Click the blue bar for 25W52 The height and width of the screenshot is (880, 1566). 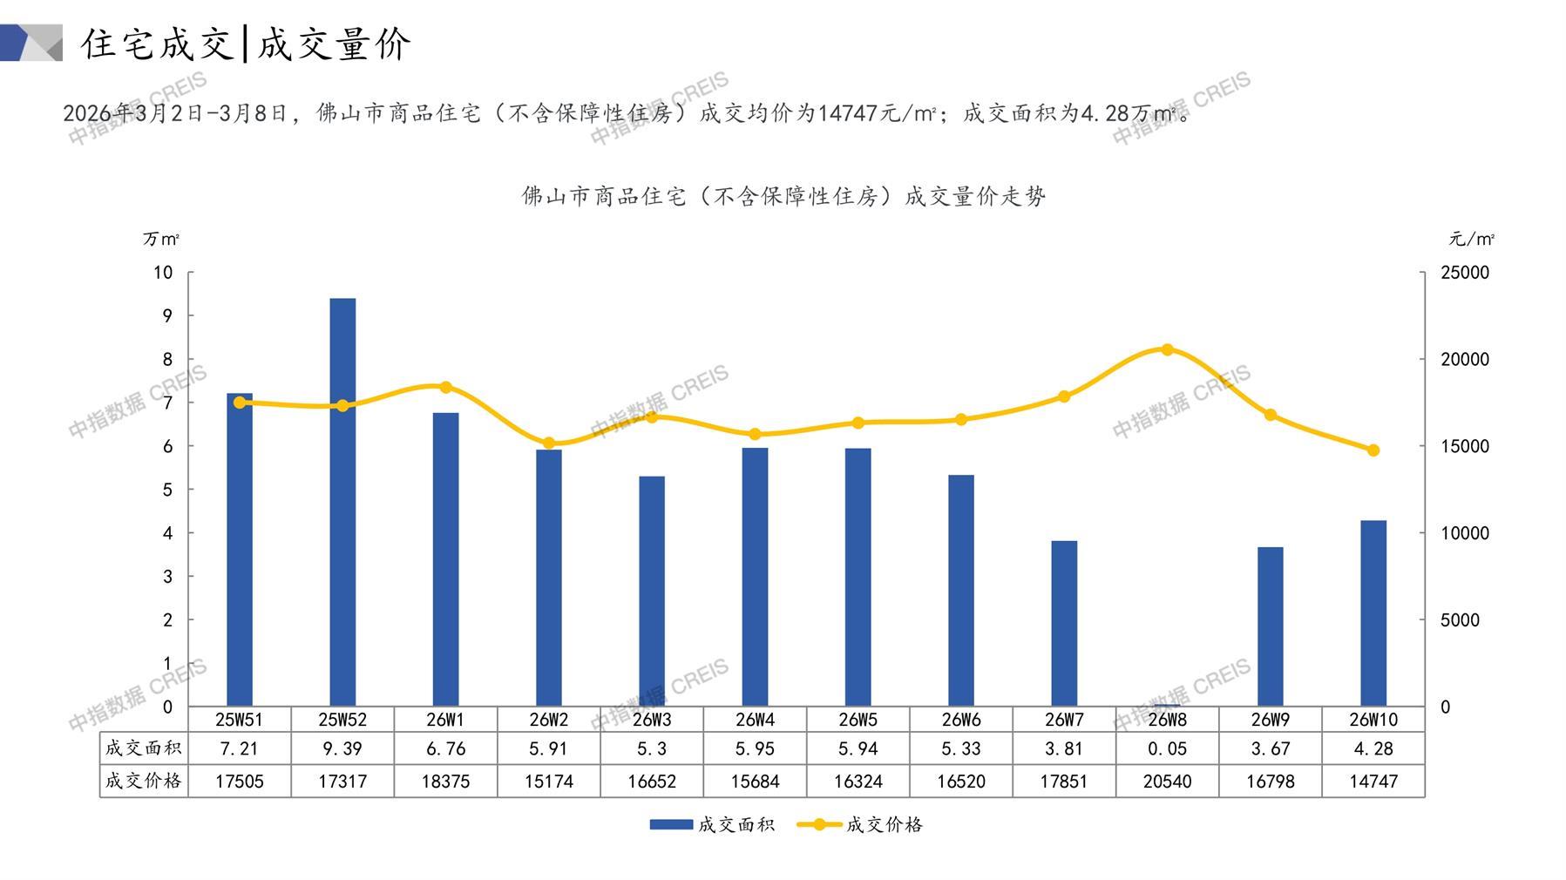[x=342, y=502]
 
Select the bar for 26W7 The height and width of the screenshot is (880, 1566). [x=1064, y=623]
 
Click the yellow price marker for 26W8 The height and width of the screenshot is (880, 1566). [x=1167, y=349]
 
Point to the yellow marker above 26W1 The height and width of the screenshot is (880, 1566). [x=445, y=388]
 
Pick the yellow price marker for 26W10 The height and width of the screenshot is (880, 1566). [x=1373, y=450]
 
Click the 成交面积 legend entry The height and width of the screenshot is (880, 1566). [x=712, y=824]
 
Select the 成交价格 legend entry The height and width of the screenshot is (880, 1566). [x=860, y=824]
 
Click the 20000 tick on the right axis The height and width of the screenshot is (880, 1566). [x=1465, y=359]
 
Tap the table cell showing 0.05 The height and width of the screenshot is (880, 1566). [x=1167, y=748]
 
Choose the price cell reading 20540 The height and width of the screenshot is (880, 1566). [x=1167, y=782]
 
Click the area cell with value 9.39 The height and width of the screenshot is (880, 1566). [x=342, y=748]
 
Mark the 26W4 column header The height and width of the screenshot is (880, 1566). [x=755, y=720]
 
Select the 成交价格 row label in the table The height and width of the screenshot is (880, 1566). [x=144, y=781]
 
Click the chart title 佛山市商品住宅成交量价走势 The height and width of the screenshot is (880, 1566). [x=783, y=196]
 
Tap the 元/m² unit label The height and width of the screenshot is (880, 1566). [x=1472, y=239]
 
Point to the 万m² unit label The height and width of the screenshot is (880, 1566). [x=161, y=239]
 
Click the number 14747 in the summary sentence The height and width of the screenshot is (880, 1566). [x=848, y=113]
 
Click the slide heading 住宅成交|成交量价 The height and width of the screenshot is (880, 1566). [x=246, y=44]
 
